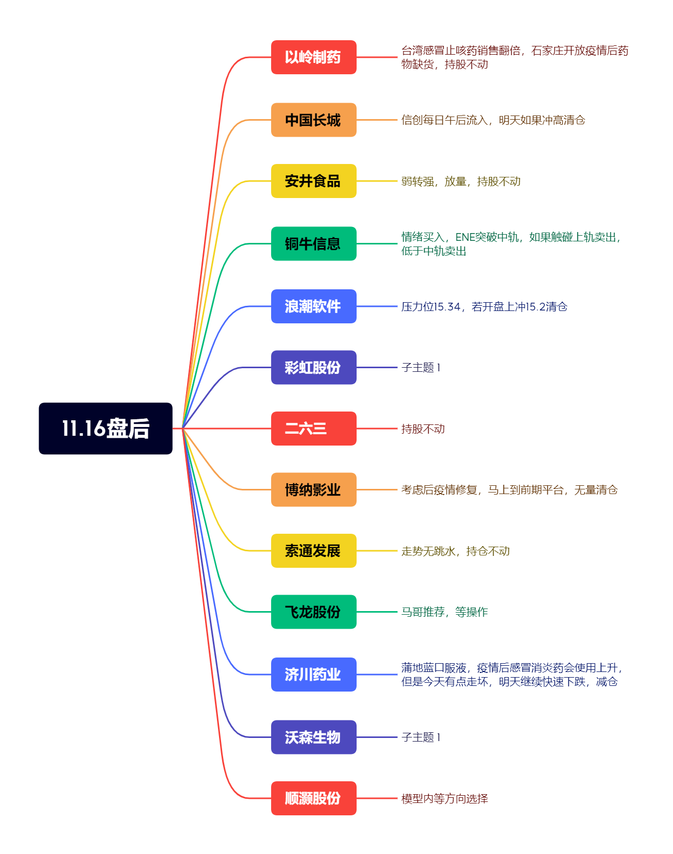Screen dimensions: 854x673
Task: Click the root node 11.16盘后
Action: click(106, 429)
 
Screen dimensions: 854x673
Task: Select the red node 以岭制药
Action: click(313, 57)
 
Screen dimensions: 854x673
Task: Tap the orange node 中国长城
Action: click(313, 120)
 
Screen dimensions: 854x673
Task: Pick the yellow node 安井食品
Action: click(313, 181)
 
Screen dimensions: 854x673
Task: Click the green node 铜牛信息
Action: click(313, 243)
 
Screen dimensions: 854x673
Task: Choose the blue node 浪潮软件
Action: click(313, 306)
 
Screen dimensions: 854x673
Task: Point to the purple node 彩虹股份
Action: click(313, 368)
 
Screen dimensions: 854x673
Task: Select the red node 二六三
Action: click(313, 429)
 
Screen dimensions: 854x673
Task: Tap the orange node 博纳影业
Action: click(313, 489)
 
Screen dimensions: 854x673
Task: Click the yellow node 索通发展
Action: click(313, 551)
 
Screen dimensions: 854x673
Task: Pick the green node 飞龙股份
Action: click(313, 612)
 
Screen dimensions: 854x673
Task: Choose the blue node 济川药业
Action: click(313, 675)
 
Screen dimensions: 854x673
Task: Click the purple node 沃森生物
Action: click(313, 737)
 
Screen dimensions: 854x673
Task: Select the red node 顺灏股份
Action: click(313, 798)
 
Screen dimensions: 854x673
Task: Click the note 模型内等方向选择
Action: click(445, 799)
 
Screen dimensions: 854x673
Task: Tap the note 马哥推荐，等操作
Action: click(445, 612)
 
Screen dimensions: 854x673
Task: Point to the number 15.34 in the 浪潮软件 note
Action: click(447, 307)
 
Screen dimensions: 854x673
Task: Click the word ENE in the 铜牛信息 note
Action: click(465, 237)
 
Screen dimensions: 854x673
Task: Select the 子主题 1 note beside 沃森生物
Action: click(421, 737)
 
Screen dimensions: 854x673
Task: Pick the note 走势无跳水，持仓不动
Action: click(456, 551)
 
